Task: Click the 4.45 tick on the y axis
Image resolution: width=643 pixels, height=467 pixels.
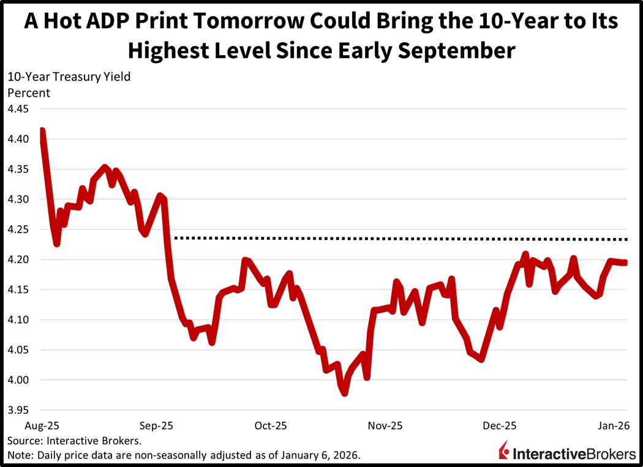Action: coord(18,109)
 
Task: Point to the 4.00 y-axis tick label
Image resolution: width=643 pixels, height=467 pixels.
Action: coord(18,380)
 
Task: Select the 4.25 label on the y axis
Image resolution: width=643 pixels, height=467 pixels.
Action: coord(18,230)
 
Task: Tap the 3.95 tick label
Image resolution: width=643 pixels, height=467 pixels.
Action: coord(18,410)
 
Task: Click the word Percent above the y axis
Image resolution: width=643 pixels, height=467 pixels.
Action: coord(28,93)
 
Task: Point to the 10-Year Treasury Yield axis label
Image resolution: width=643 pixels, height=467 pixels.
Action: coord(69,77)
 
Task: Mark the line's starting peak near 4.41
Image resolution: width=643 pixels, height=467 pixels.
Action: coord(42,130)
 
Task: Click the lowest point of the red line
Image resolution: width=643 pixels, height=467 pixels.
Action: coord(345,394)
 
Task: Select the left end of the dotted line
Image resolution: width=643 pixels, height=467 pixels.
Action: coord(176,237)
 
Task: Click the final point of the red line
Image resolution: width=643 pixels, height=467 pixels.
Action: coord(625,263)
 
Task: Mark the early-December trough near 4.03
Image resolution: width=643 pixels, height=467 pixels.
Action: coord(481,359)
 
